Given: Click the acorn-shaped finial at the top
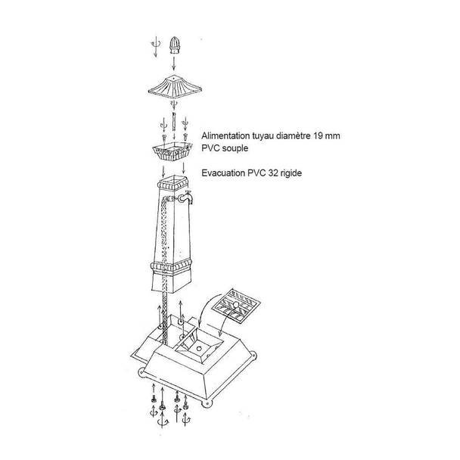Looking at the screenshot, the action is [x=174, y=45].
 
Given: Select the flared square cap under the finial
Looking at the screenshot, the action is [x=175, y=87].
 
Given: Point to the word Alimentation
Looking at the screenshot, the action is [x=225, y=136].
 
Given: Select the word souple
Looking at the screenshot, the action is [x=235, y=148].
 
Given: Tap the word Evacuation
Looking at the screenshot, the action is [x=223, y=173].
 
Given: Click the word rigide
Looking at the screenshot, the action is [x=291, y=173].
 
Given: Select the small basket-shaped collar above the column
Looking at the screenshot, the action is [x=172, y=151].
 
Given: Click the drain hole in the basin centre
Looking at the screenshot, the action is [x=199, y=349].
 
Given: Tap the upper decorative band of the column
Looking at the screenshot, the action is [x=172, y=185].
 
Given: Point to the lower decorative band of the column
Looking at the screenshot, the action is [x=171, y=266].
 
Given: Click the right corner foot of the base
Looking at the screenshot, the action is [x=252, y=356].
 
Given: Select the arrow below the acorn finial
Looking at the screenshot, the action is [x=174, y=64].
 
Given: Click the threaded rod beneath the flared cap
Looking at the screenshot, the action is [x=174, y=122].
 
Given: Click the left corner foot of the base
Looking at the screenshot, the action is [x=141, y=372].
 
